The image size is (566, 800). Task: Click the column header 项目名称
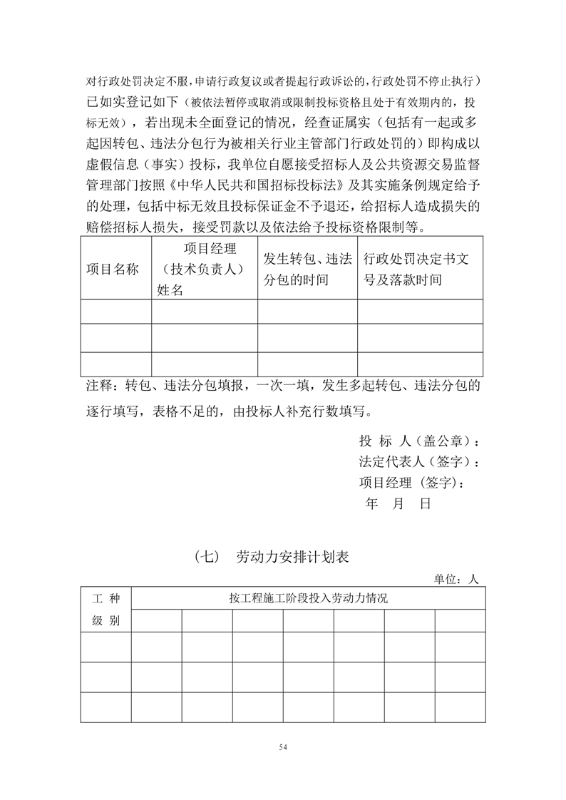pyautogui.click(x=113, y=269)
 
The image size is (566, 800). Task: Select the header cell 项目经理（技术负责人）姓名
pyautogui.click(x=204, y=269)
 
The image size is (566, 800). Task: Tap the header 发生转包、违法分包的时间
pyautogui.click(x=307, y=269)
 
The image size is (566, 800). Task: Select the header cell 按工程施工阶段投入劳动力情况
pyautogui.click(x=308, y=598)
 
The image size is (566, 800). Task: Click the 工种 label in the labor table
pyautogui.click(x=106, y=598)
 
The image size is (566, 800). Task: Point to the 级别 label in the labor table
pyautogui.click(x=106, y=620)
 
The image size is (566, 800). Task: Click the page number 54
pyautogui.click(x=283, y=747)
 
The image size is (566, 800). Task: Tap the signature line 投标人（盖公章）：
pyautogui.click(x=419, y=440)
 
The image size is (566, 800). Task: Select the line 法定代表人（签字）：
pyautogui.click(x=419, y=461)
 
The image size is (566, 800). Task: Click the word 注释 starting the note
pyautogui.click(x=98, y=386)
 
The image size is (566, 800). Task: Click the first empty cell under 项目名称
pyautogui.click(x=115, y=311)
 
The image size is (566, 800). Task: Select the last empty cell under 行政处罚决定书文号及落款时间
pyautogui.click(x=420, y=364)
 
